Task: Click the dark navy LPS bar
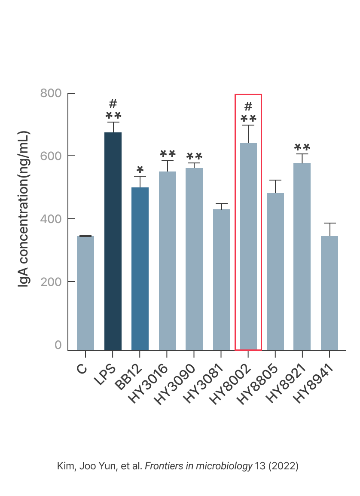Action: (113, 241)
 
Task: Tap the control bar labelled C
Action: (85, 292)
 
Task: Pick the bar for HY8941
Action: (329, 292)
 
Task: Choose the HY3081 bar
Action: (222, 279)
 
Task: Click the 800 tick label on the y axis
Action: (51, 93)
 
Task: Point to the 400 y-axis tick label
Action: (51, 219)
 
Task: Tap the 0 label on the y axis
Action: (58, 345)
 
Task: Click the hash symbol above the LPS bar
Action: (113, 104)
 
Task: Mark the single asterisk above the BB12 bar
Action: (140, 169)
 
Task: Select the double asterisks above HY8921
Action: (302, 147)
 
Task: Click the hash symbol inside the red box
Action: (248, 106)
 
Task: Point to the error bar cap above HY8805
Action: (275, 180)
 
